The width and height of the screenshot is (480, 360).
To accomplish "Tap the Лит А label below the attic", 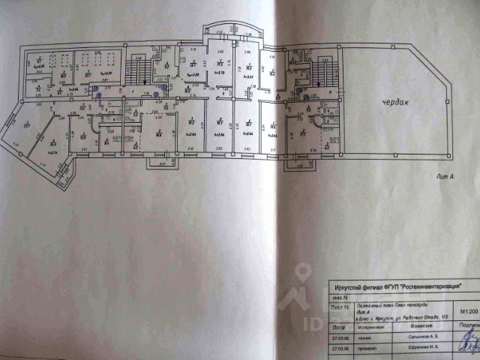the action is pos(445,177).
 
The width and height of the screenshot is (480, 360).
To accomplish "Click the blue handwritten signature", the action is pos(469,341).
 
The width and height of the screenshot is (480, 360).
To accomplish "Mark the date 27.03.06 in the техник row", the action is pos(337,337).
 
